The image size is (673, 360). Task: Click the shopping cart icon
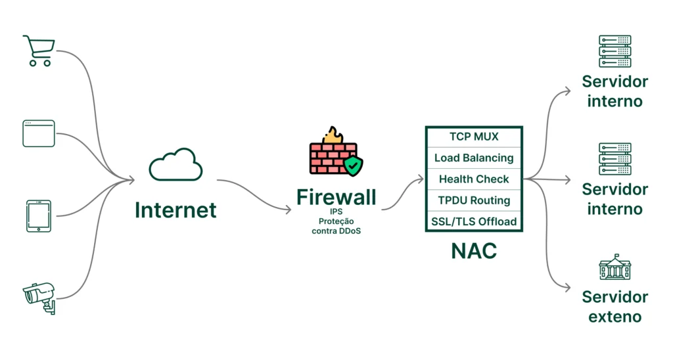pos(39,51)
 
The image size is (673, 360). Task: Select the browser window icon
pos(38,133)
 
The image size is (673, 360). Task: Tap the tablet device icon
pos(38,216)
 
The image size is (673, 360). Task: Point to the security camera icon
pos(39,296)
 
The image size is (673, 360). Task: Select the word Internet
pos(175,210)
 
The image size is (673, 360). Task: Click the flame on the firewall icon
pos(333,134)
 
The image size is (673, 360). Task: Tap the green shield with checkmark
pos(354,165)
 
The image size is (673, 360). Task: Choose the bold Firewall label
pos(336,197)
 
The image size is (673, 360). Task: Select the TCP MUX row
pos(474,137)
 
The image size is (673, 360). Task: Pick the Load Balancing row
pos(474,158)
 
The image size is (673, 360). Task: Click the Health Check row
pos(474,179)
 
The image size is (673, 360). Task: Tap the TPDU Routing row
pos(474,200)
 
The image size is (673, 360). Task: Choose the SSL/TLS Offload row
pos(474,221)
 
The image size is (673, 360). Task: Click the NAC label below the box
pos(474,251)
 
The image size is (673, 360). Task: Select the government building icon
pos(615,268)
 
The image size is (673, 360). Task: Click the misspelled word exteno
pos(615,317)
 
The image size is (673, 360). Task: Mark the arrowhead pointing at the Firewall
pos(289,210)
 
